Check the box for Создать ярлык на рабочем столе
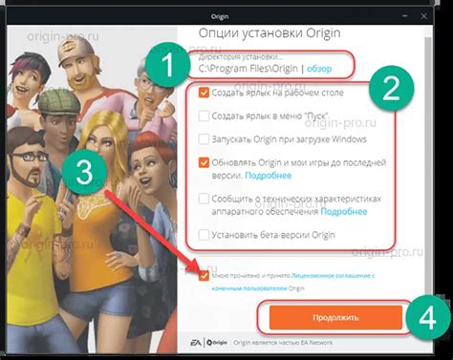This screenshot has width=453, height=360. [204, 94]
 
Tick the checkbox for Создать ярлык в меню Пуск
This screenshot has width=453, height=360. [204, 116]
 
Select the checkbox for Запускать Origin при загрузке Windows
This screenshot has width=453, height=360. [204, 138]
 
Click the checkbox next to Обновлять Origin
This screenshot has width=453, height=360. [204, 161]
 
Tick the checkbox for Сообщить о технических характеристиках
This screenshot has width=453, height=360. [204, 199]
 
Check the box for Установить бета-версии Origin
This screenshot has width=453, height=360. [204, 234]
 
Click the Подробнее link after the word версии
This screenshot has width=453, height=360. [269, 176]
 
